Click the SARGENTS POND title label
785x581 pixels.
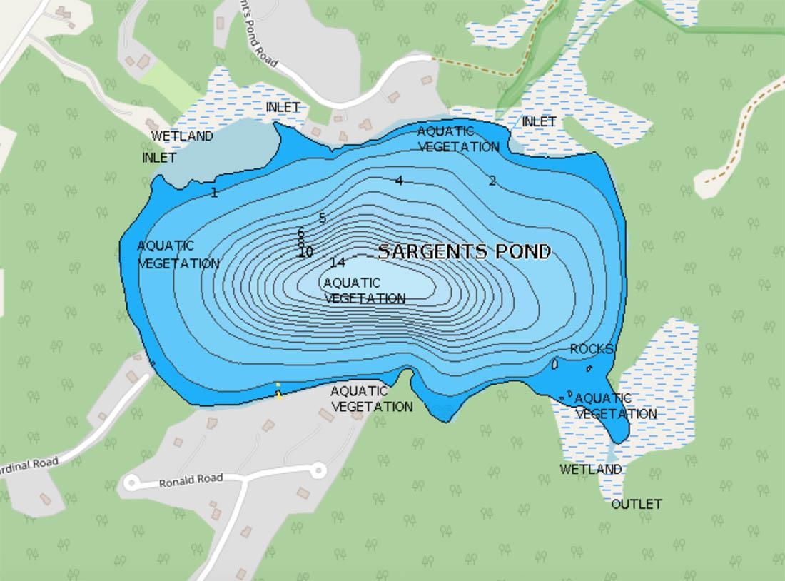(x=464, y=251)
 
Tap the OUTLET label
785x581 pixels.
(x=637, y=504)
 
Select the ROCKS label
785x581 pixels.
(x=592, y=349)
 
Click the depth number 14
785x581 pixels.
(x=338, y=263)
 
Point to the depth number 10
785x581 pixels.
(x=305, y=252)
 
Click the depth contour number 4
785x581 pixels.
(x=399, y=181)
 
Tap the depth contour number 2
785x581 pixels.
(x=492, y=181)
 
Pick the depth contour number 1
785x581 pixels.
(x=214, y=192)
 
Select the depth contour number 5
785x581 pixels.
(x=322, y=218)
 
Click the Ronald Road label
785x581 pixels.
(x=191, y=480)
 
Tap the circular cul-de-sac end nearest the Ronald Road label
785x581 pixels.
(x=131, y=483)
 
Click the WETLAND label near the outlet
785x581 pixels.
(x=590, y=469)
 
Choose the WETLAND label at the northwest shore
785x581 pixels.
(x=182, y=136)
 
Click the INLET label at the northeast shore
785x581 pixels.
(x=539, y=122)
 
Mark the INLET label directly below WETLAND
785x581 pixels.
(x=159, y=157)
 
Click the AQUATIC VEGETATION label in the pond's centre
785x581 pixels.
(x=364, y=290)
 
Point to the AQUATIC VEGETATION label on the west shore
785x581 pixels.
(x=178, y=254)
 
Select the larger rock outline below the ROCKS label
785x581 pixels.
(x=554, y=364)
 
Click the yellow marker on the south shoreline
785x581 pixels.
(x=278, y=390)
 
